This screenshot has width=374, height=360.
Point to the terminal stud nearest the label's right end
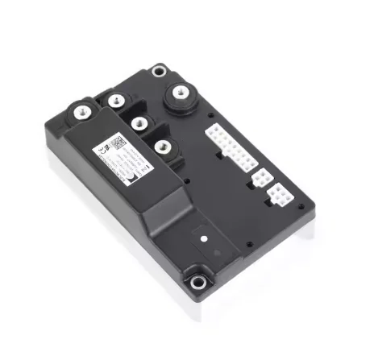click(x=164, y=147)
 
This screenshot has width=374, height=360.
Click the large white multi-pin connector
click(x=231, y=140)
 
